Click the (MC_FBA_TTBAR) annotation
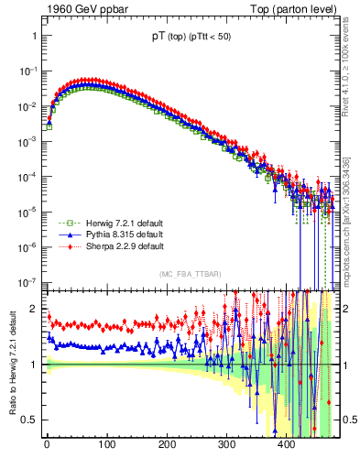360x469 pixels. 190,274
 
